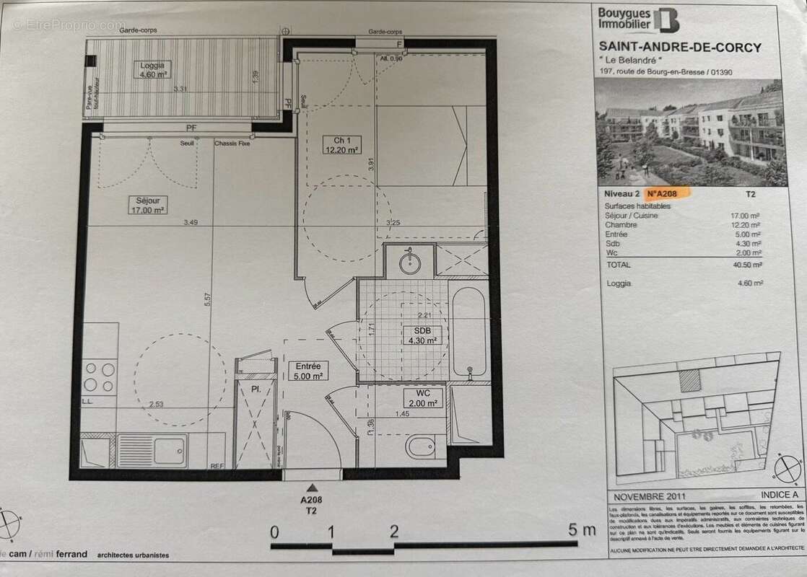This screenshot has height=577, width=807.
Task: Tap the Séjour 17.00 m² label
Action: tap(149, 206)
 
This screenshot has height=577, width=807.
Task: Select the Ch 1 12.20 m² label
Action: tap(341, 144)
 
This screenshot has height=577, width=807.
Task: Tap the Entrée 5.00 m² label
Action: tap(308, 371)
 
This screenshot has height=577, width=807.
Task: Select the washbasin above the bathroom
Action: tap(409, 260)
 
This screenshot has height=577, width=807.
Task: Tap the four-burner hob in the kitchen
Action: tap(100, 377)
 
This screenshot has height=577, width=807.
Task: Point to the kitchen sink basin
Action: tap(152, 448)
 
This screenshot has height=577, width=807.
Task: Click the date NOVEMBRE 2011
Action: tap(644, 497)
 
